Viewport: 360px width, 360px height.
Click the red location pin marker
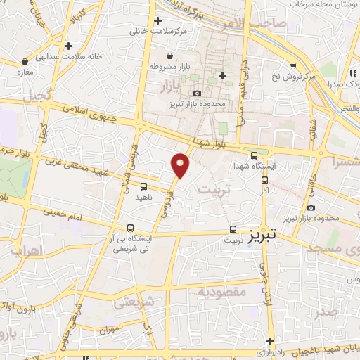tap(181, 165)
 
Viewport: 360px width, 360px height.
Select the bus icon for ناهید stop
tap(143, 186)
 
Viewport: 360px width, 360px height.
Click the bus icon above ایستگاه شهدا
tap(254, 155)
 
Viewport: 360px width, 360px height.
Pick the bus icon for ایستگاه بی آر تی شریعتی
tap(130, 228)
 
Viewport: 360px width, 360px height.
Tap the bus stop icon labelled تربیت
tap(233, 229)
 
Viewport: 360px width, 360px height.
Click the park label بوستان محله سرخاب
tap(324, 4)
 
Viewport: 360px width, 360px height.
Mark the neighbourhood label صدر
tap(327, 310)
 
